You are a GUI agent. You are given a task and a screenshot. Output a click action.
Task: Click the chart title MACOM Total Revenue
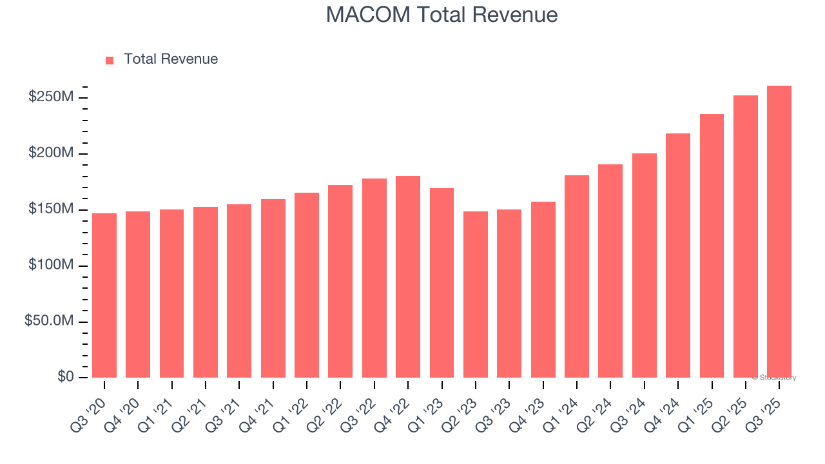click(442, 14)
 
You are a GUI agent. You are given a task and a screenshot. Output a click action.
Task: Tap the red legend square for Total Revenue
click(110, 60)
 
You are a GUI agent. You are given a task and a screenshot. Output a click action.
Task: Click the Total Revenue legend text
click(171, 59)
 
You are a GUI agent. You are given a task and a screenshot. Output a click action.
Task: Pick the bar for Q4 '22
click(408, 276)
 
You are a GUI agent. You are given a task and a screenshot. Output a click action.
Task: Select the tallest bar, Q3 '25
click(779, 231)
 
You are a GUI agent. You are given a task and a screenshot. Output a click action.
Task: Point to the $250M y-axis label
click(50, 97)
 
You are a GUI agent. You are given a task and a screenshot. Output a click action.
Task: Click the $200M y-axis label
click(50, 153)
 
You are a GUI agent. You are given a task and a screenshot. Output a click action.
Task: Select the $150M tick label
click(50, 209)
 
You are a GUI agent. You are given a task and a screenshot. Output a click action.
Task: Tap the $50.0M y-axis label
click(48, 322)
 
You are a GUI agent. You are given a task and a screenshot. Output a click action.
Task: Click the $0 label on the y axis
click(64, 377)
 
